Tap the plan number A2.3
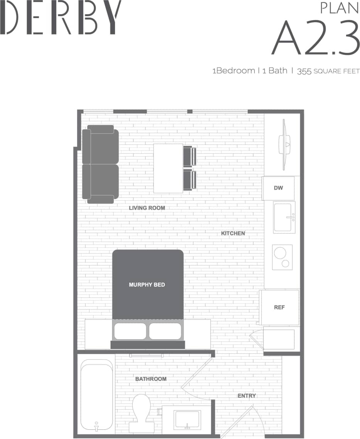pos(316,37)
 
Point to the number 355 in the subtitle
pos(304,71)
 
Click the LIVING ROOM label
pos(147,208)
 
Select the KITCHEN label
pos(233,234)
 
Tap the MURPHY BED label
pos(147,285)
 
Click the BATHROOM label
pos(151,379)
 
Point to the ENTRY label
pos(247,396)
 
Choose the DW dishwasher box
pos(278,188)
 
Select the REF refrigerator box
pos(279,307)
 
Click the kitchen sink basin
pos(284,217)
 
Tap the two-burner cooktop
pos(282,257)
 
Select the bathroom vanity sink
pos(187,419)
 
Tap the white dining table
pos(168,168)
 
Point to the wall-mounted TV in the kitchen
pos(285,144)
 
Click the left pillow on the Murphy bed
pos(130,331)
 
